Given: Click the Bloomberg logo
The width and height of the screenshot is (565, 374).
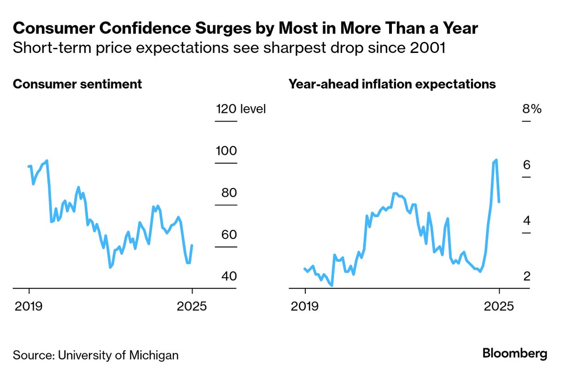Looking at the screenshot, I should pyautogui.click(x=515, y=354).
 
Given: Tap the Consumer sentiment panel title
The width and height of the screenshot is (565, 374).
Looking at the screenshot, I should pyautogui.click(x=77, y=84).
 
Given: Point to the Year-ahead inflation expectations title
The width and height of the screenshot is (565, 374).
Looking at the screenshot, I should pyautogui.click(x=392, y=84).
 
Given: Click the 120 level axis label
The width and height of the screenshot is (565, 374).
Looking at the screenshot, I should pyautogui.click(x=241, y=109).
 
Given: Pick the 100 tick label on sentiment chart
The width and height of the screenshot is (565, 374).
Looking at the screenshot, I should pyautogui.click(x=227, y=151).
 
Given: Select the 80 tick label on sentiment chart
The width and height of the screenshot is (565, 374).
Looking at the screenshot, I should pyautogui.click(x=227, y=193).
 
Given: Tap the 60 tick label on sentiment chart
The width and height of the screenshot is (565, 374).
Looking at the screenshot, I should pyautogui.click(x=227, y=235).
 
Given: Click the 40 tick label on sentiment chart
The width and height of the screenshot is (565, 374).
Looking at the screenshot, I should pyautogui.click(x=227, y=277).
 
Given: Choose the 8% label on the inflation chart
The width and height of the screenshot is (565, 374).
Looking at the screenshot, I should pyautogui.click(x=531, y=109).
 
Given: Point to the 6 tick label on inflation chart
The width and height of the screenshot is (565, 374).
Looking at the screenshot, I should pyautogui.click(x=527, y=165).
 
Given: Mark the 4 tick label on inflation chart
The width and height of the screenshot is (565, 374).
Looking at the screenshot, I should pyautogui.click(x=527, y=221).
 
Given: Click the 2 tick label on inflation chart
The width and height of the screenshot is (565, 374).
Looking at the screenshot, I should pyautogui.click(x=527, y=277).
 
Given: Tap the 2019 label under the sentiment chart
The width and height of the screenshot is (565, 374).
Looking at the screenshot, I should pyautogui.click(x=29, y=306).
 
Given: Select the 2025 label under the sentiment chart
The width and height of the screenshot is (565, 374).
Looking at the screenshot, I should pyautogui.click(x=192, y=306).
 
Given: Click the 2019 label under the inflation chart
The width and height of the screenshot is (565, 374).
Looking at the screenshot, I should pyautogui.click(x=305, y=306).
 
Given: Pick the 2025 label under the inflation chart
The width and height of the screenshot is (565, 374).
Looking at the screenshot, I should pyautogui.click(x=498, y=306).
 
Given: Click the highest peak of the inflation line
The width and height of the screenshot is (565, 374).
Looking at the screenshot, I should pyautogui.click(x=496, y=160).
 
